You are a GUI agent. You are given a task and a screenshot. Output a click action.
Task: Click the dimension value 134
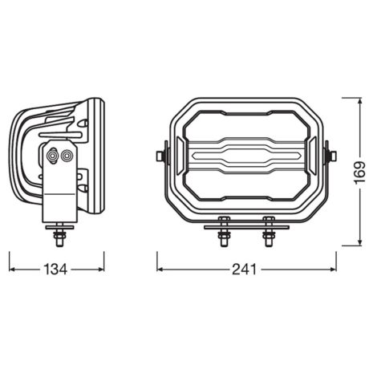point(56,270)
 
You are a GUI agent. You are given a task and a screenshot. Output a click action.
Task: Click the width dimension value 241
point(245,270)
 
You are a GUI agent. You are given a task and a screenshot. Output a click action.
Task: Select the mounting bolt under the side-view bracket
point(60,235)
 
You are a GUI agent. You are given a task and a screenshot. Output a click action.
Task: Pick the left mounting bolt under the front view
point(224,232)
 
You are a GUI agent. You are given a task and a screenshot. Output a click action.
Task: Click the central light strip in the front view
point(245,152)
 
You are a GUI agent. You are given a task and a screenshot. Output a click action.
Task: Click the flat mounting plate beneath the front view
point(245,226)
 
